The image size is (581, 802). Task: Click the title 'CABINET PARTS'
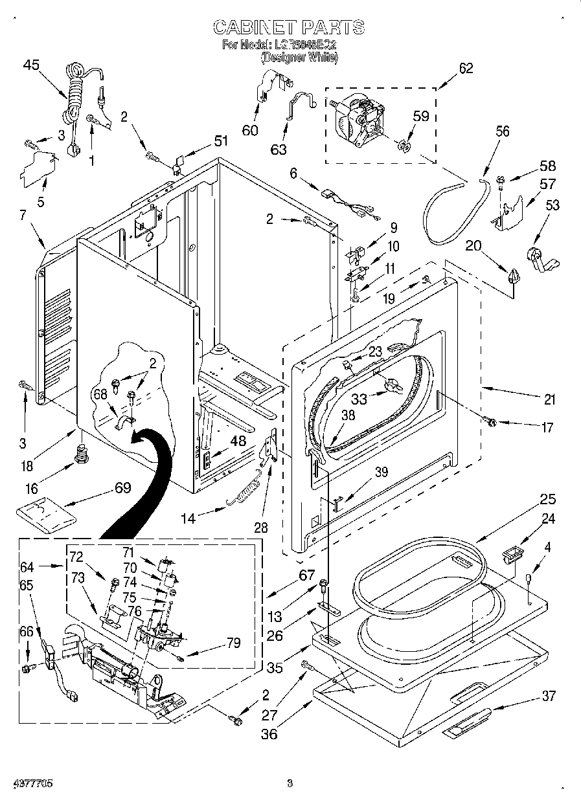click(289, 27)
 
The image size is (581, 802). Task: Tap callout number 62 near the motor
click(466, 69)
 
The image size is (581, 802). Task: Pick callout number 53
click(553, 206)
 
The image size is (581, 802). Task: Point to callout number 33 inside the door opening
click(358, 399)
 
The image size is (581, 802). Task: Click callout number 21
click(549, 399)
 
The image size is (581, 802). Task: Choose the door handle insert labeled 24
click(512, 554)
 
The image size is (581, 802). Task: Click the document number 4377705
click(32, 783)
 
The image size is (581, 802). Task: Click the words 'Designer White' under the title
click(299, 57)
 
